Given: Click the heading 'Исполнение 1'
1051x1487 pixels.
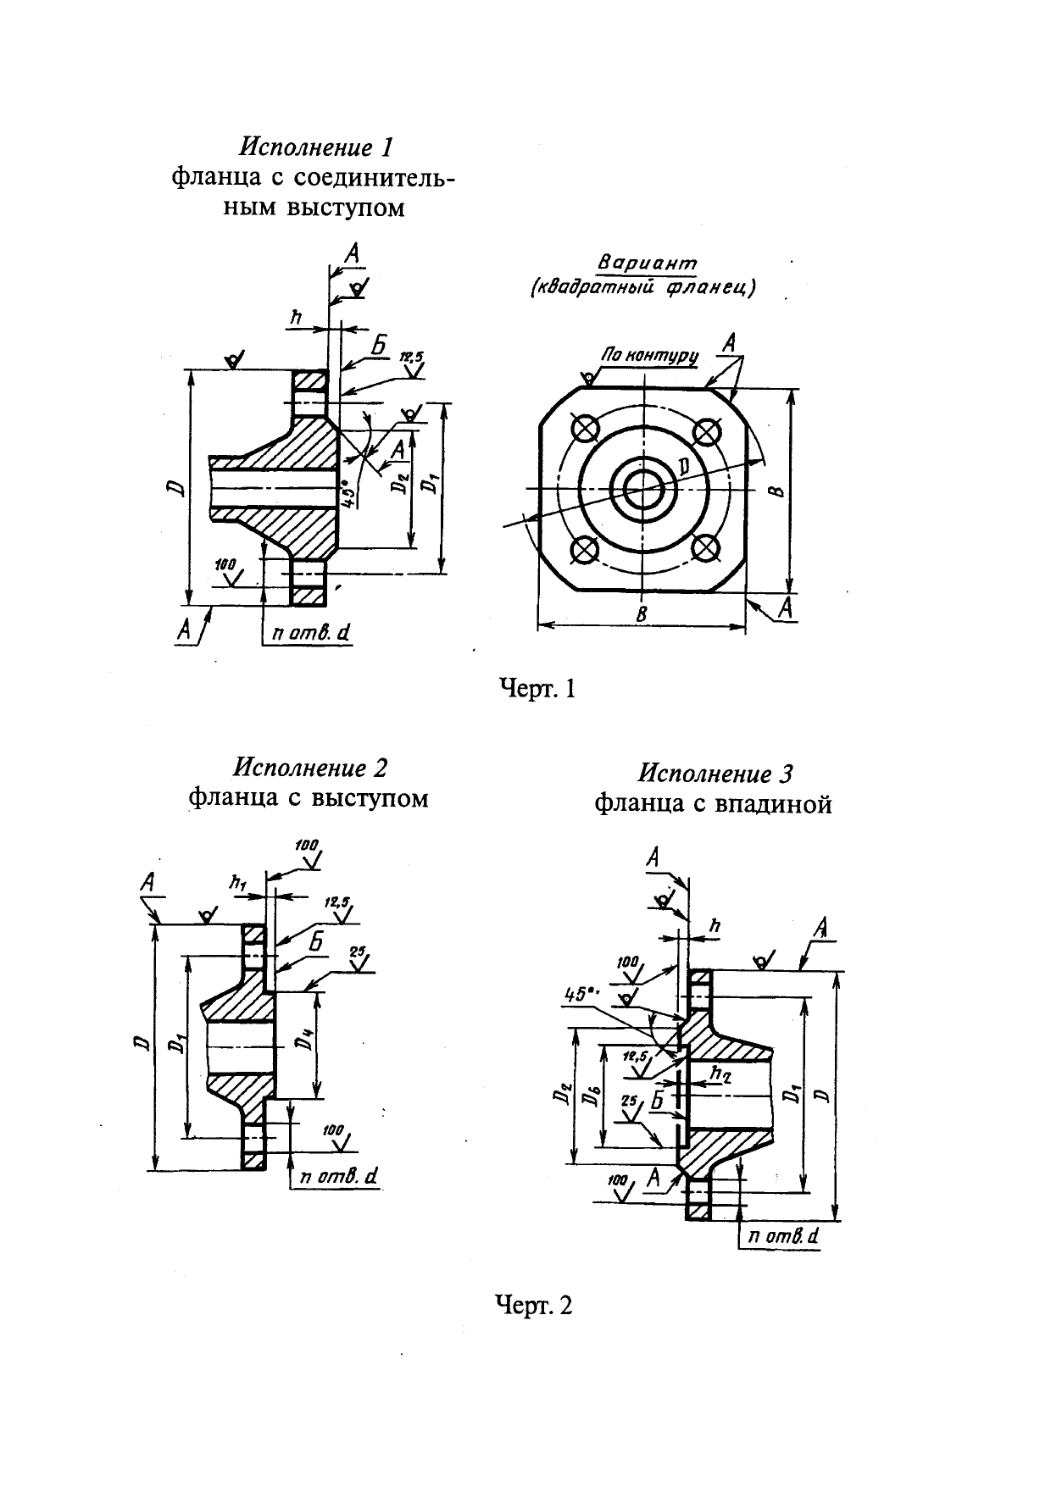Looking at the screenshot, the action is (x=317, y=147).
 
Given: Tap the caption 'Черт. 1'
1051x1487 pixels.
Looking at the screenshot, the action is (x=535, y=689).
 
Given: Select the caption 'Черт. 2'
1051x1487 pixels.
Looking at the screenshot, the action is (x=533, y=1306).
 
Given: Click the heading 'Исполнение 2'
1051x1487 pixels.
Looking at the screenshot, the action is (x=310, y=768).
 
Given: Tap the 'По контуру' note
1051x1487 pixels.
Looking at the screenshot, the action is (x=649, y=355).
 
